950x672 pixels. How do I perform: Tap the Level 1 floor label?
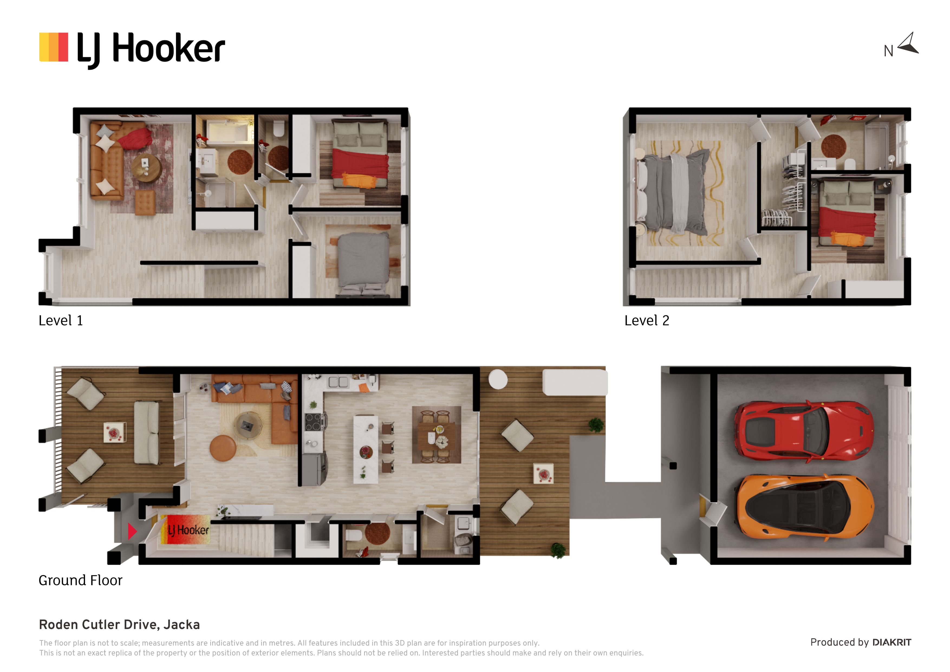click(x=61, y=321)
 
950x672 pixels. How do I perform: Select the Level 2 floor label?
click(x=647, y=321)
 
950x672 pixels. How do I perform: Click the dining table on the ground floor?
click(x=437, y=435)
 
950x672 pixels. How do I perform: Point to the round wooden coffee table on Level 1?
click(x=147, y=168)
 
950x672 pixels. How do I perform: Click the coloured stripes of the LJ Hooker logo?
click(x=54, y=47)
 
